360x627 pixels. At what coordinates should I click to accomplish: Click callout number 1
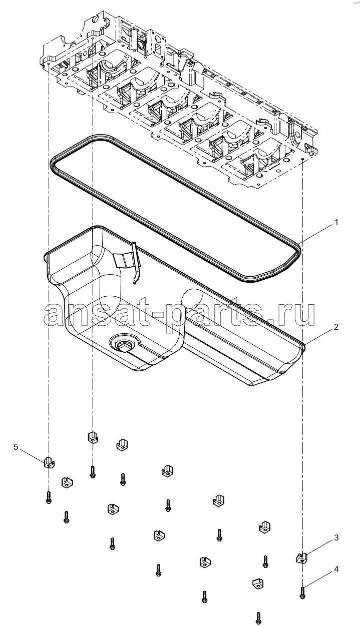(x=336, y=223)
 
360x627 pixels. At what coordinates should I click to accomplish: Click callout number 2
(x=336, y=327)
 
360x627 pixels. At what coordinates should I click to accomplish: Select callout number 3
(x=336, y=537)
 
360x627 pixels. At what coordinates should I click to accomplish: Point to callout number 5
(x=16, y=447)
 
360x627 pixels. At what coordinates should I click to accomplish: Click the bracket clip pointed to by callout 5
(x=49, y=462)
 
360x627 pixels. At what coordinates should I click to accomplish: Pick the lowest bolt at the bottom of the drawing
(x=258, y=618)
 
